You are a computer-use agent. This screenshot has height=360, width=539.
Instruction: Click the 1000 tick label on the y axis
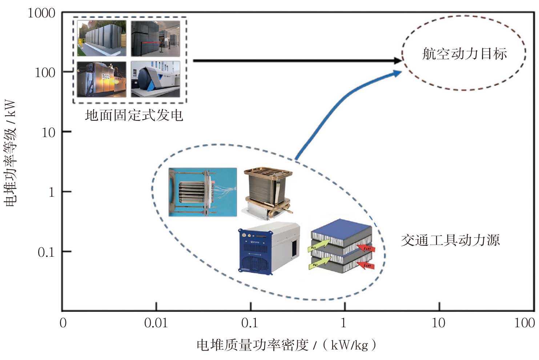[41, 13]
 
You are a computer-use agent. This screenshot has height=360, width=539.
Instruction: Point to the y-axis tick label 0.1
[46, 252]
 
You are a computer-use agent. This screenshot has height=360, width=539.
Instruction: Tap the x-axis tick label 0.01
[156, 323]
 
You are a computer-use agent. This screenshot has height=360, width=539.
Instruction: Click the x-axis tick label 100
[524, 323]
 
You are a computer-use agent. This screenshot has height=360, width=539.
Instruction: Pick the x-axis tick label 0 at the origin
[63, 323]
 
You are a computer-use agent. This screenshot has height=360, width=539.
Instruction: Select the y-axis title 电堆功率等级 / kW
[11, 153]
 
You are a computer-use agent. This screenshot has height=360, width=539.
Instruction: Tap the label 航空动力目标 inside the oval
[464, 54]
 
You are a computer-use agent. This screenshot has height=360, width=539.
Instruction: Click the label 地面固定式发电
[134, 115]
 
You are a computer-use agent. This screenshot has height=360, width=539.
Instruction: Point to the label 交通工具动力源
[450, 240]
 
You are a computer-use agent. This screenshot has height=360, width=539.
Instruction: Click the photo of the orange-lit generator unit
[102, 79]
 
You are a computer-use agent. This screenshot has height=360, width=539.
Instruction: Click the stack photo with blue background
[202, 192]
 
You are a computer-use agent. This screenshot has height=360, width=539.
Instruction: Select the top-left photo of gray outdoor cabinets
[102, 38]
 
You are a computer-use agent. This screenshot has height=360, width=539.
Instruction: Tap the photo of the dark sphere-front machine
[156, 79]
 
